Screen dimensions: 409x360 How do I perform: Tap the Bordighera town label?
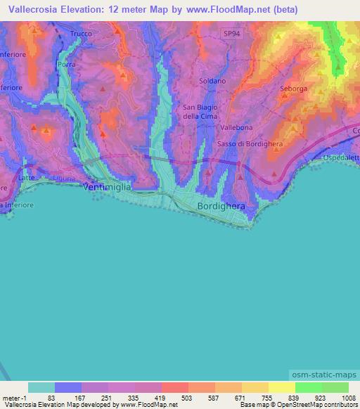[220, 207]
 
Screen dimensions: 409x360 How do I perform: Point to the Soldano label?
[212, 82]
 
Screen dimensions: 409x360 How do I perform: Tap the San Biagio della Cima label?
[198, 112]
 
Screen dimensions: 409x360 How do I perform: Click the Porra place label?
[67, 64]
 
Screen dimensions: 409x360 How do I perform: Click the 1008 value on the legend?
[340, 397]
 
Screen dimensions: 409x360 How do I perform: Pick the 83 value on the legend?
[51, 397]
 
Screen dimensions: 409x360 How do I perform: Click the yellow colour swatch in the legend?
[281, 387]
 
